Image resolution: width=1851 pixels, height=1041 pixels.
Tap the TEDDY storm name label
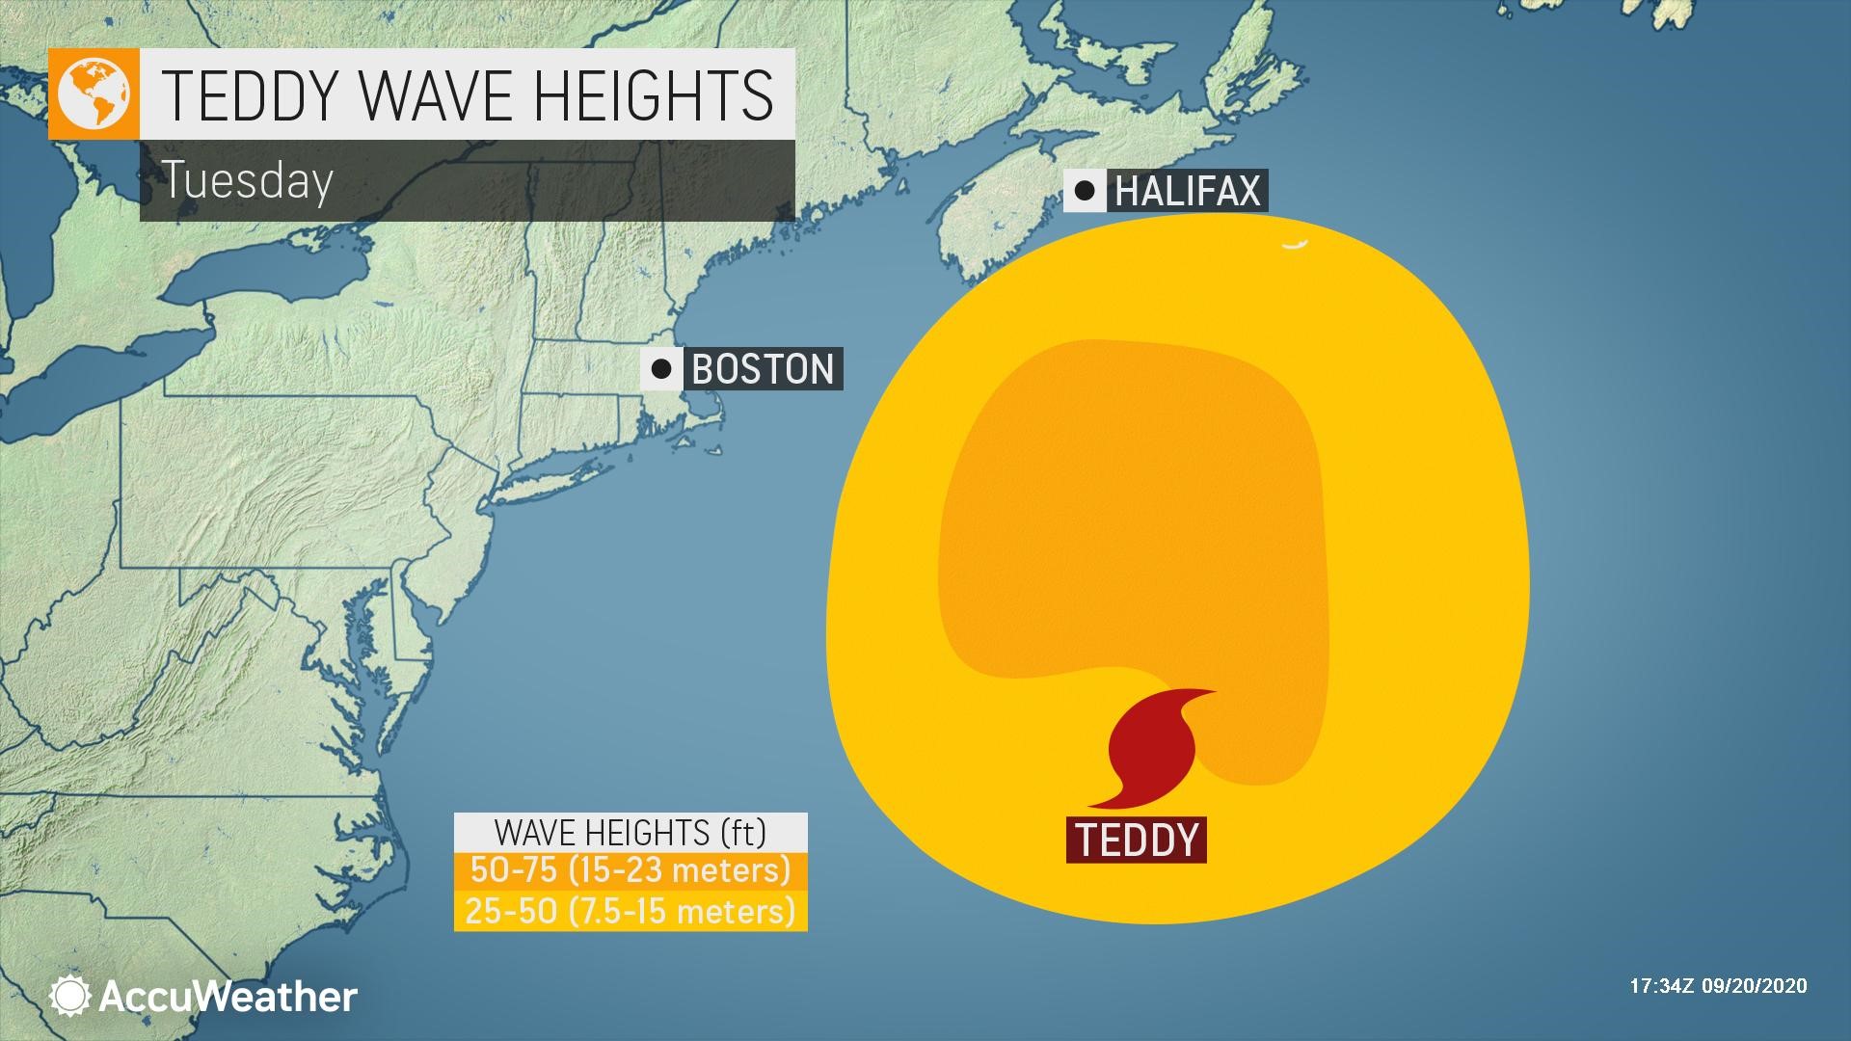click(1137, 840)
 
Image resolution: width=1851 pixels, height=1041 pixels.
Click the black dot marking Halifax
click(1085, 190)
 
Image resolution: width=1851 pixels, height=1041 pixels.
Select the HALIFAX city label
click(1187, 191)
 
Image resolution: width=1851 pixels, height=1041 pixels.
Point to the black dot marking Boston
click(661, 368)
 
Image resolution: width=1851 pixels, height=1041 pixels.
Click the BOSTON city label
click(763, 369)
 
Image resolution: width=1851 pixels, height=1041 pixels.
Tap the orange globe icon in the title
click(94, 93)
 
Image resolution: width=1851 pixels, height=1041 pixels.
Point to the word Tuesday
click(248, 180)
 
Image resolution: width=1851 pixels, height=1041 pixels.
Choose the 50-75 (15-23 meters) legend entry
click(630, 870)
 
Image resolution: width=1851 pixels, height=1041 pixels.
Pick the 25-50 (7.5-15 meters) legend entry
click(630, 911)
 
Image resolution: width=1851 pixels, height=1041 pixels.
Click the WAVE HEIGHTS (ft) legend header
click(630, 832)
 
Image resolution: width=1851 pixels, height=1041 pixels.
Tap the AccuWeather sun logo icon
click(70, 997)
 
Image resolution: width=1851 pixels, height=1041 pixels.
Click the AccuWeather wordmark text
click(228, 997)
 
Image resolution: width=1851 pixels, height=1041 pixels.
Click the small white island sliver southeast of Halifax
click(1294, 246)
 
